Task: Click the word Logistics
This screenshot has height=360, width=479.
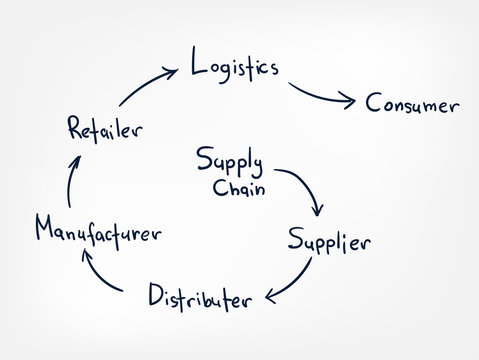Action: click(x=234, y=69)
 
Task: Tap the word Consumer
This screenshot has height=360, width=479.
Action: click(x=412, y=104)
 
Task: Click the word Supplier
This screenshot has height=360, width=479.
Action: click(x=329, y=241)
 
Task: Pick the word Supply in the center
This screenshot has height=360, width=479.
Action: click(x=230, y=161)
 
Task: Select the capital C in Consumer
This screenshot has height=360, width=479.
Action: click(x=373, y=103)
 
